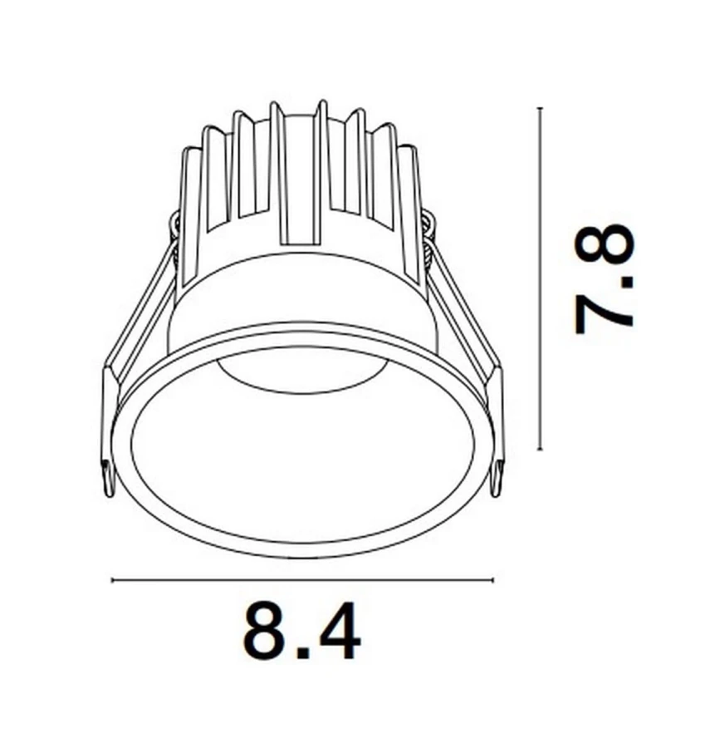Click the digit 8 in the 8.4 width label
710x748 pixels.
coord(262,631)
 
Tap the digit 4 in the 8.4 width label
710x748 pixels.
coord(337,631)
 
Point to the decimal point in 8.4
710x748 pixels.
coord(302,652)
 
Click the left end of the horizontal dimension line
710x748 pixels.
coord(111,580)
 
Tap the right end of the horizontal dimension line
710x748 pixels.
coord(493,580)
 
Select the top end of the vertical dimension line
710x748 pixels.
coord(540,109)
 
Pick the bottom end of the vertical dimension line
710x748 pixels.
coord(540,448)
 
